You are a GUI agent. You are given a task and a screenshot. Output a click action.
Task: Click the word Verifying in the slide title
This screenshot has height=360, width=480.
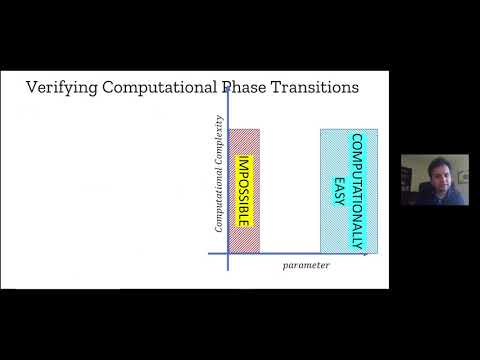(60, 89)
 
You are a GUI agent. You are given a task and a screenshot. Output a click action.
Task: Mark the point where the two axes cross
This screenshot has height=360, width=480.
(229, 252)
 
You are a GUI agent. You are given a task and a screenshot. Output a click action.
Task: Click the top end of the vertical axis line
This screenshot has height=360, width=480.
(229, 88)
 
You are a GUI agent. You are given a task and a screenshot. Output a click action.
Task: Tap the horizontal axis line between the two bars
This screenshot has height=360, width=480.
(290, 252)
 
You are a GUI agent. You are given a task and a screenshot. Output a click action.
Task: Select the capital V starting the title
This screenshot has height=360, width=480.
(31, 89)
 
